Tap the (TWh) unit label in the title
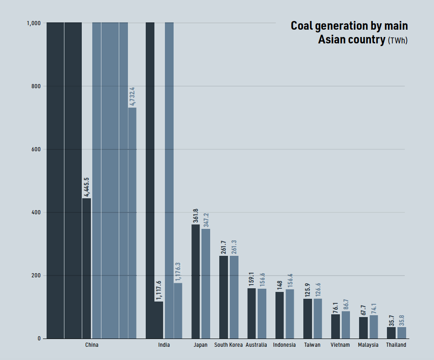397,41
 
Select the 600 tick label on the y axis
36,149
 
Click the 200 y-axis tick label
36,275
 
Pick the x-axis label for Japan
201,345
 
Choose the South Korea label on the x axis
228,345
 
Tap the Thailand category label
396,345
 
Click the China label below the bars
92,345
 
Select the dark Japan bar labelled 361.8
196,281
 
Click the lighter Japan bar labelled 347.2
206,283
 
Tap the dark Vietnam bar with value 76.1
335,326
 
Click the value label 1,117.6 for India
159,290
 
